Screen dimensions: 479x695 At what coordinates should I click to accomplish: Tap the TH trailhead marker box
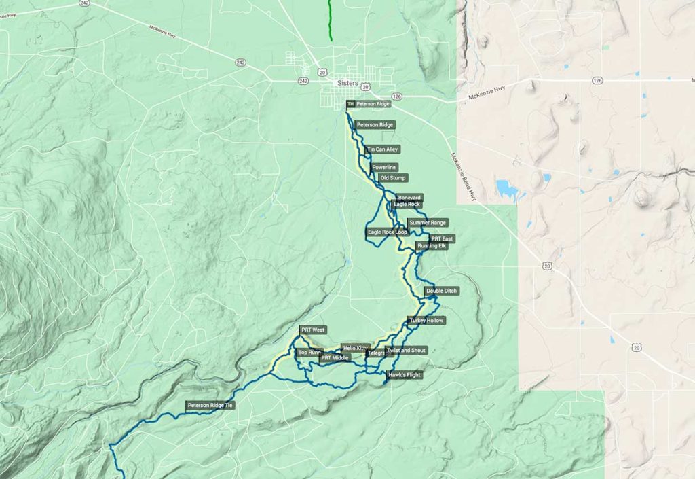350,104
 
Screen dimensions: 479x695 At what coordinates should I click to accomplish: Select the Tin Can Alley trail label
383,149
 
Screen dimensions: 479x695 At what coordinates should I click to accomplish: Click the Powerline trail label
384,167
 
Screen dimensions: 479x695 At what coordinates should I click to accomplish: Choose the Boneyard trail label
409,197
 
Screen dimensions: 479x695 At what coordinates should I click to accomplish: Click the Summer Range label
428,222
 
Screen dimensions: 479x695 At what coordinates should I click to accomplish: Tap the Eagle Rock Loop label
388,232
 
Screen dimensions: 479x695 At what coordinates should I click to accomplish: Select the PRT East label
443,238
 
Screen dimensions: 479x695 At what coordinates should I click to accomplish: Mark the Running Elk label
432,246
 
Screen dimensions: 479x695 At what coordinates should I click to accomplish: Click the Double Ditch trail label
442,291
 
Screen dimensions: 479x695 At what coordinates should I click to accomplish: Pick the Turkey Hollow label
426,320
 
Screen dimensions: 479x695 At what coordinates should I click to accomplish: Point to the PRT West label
313,330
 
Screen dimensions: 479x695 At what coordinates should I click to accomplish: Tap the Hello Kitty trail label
355,347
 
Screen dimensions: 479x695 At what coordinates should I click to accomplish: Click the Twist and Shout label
406,351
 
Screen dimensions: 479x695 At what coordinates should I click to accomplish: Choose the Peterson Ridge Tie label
210,406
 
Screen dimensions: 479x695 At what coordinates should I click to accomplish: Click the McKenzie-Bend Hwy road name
462,176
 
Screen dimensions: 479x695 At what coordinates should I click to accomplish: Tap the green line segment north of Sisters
331,20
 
